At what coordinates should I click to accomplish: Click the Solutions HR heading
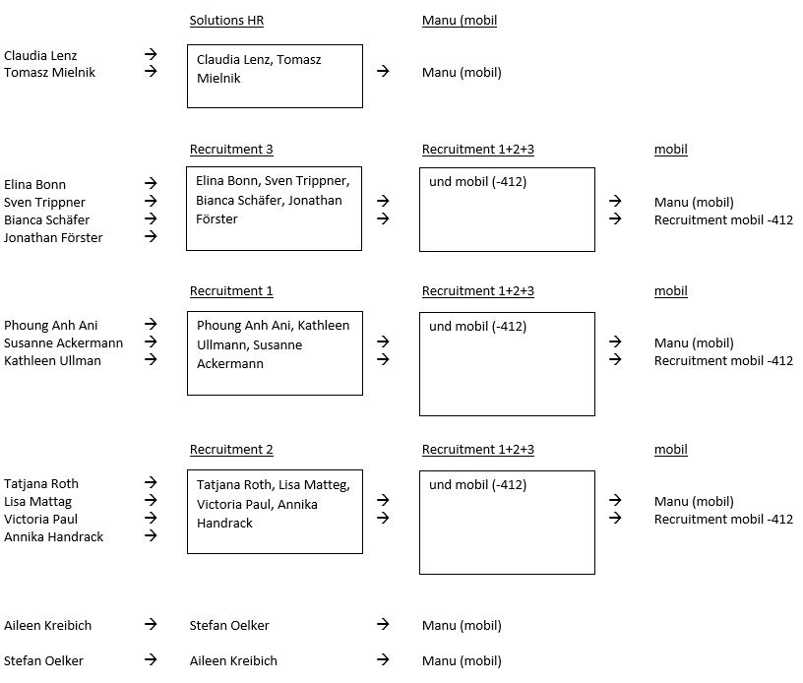(226, 21)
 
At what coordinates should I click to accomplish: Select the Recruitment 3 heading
(231, 150)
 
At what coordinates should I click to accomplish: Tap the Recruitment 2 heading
(231, 450)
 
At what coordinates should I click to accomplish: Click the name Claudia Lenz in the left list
(40, 55)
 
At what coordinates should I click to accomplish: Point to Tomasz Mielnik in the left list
(49, 72)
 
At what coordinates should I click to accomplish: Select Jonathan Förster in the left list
(53, 237)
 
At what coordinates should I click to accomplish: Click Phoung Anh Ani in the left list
(51, 325)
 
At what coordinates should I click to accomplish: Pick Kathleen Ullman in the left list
(52, 360)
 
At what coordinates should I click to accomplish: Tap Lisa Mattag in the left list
(38, 502)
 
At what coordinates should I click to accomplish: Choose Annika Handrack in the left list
(54, 536)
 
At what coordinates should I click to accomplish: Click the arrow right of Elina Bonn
(151, 183)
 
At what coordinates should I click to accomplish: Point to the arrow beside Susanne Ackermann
(151, 341)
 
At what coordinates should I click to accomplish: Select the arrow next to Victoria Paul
(151, 518)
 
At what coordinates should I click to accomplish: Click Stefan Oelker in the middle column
(229, 625)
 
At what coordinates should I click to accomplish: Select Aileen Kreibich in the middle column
(233, 660)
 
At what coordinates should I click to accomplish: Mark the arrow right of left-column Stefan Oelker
(151, 659)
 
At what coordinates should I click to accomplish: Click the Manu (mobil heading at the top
(460, 21)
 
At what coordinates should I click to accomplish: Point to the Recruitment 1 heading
(231, 290)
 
